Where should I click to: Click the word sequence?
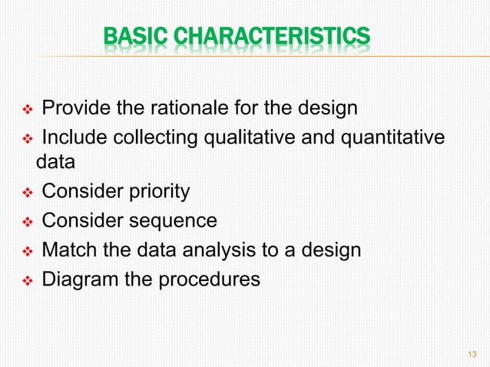pos(172,221)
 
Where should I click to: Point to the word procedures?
pos(208,279)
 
